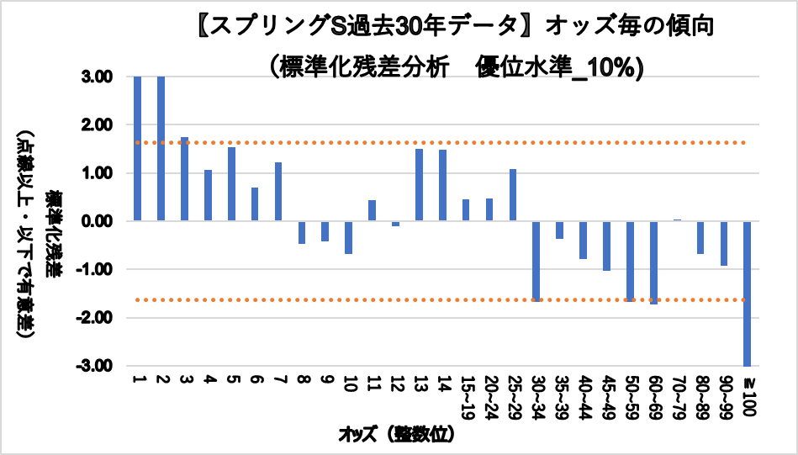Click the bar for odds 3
(184, 179)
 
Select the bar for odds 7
(278, 192)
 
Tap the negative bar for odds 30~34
(536, 261)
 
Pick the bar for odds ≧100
(748, 294)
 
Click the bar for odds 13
(419, 185)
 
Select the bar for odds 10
(348, 237)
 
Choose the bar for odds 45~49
(606, 246)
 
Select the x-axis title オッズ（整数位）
(398, 435)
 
